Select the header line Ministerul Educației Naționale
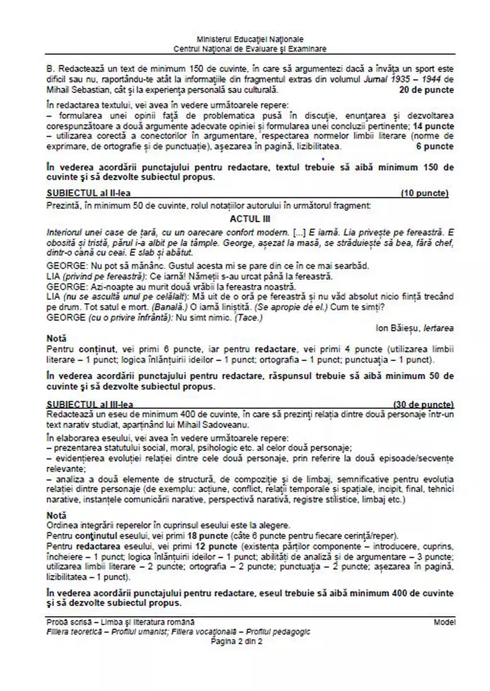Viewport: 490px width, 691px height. coord(250,39)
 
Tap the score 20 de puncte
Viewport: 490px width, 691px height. coord(426,90)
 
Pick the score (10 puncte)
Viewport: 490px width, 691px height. coord(424,194)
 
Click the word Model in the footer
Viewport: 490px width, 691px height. coord(444,622)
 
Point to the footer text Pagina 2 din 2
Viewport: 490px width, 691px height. coord(237,640)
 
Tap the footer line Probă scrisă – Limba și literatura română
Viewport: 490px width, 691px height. coord(121,622)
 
